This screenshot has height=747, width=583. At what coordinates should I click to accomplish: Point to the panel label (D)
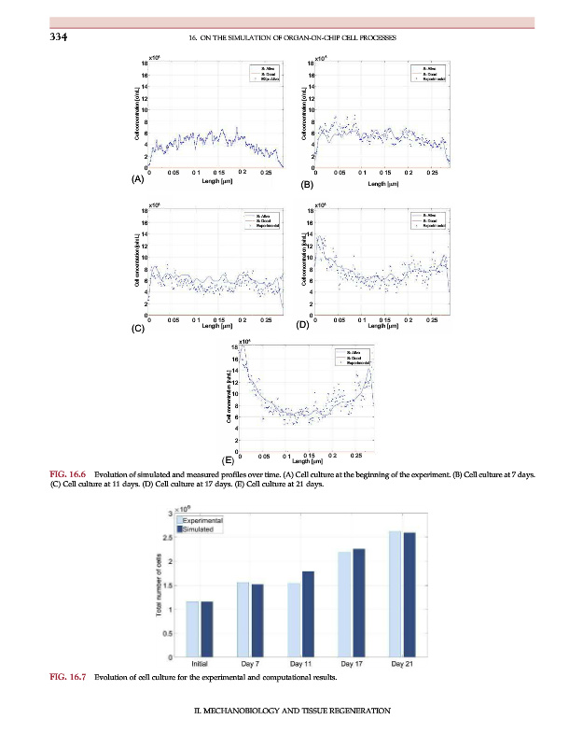pyautogui.click(x=301, y=326)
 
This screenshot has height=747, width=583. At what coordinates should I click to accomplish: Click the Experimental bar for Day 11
pyautogui.click(x=295, y=621)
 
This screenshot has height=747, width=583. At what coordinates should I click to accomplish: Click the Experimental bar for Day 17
pyautogui.click(x=345, y=604)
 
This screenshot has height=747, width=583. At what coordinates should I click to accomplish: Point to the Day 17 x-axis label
pyautogui.click(x=352, y=664)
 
